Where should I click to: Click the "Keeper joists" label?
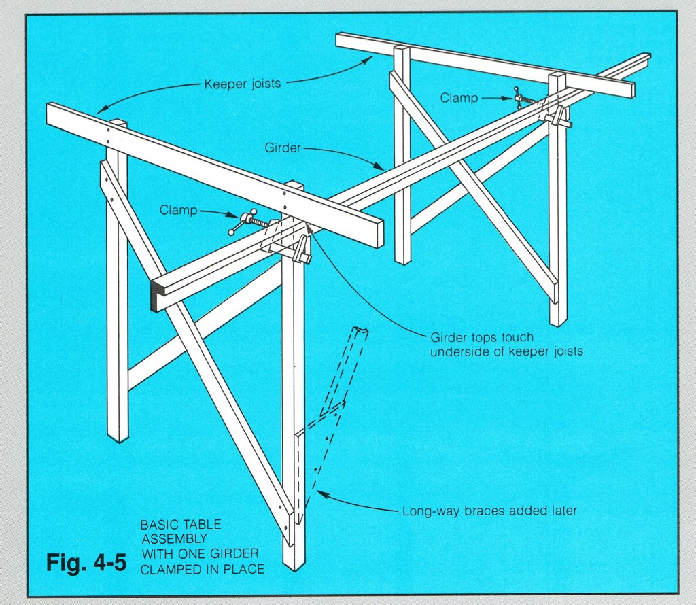pyautogui.click(x=243, y=84)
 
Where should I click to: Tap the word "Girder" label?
pyautogui.click(x=283, y=148)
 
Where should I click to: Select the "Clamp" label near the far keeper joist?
pyautogui.click(x=459, y=98)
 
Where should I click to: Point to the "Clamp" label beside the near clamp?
pyautogui.click(x=179, y=209)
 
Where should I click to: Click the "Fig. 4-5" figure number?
pyautogui.click(x=86, y=562)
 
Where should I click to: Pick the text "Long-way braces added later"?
pyautogui.click(x=489, y=511)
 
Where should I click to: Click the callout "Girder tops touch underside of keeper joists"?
pyautogui.click(x=506, y=345)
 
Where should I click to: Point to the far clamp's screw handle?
pyautogui.click(x=517, y=98)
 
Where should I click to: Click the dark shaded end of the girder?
pyautogui.click(x=157, y=296)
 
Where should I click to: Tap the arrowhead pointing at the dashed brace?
pyautogui.click(x=321, y=494)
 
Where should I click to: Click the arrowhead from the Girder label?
pyautogui.click(x=379, y=167)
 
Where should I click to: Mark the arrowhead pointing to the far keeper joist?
pyautogui.click(x=366, y=60)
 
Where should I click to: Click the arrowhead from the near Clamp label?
pyautogui.click(x=235, y=215)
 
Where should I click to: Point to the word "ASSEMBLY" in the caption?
pyautogui.click(x=175, y=539)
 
